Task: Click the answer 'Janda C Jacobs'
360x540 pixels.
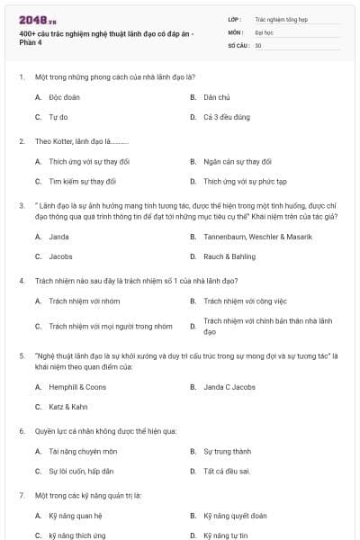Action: [x=230, y=387]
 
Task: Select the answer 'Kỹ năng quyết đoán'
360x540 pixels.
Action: [x=235, y=516]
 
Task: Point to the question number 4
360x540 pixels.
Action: [x=21, y=280]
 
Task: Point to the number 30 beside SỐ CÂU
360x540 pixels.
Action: [x=258, y=45]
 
